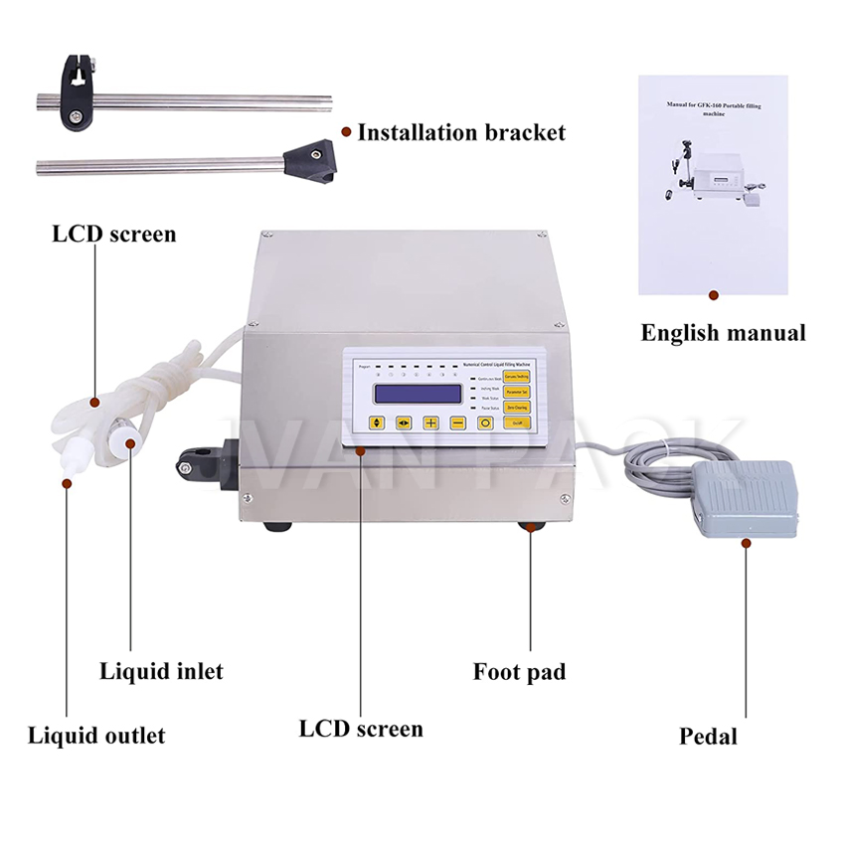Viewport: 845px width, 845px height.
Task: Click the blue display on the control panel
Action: click(x=418, y=393)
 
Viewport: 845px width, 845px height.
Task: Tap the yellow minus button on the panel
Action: click(x=458, y=422)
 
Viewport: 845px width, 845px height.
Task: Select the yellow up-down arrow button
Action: click(x=376, y=422)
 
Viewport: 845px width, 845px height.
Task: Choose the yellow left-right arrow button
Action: click(x=404, y=422)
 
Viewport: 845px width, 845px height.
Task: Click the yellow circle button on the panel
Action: click(x=486, y=422)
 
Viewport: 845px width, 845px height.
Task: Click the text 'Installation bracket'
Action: click(x=461, y=132)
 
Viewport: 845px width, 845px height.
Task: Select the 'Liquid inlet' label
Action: click(x=161, y=671)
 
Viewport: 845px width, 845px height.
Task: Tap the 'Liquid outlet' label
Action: click(x=96, y=736)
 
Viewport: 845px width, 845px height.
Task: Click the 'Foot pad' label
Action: click(x=519, y=672)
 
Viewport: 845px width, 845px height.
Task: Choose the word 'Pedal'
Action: click(x=708, y=737)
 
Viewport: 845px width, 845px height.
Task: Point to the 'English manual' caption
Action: click(x=723, y=333)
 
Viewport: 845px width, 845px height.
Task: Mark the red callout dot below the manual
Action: click(x=713, y=295)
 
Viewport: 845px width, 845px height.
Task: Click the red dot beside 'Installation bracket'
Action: click(x=346, y=131)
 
